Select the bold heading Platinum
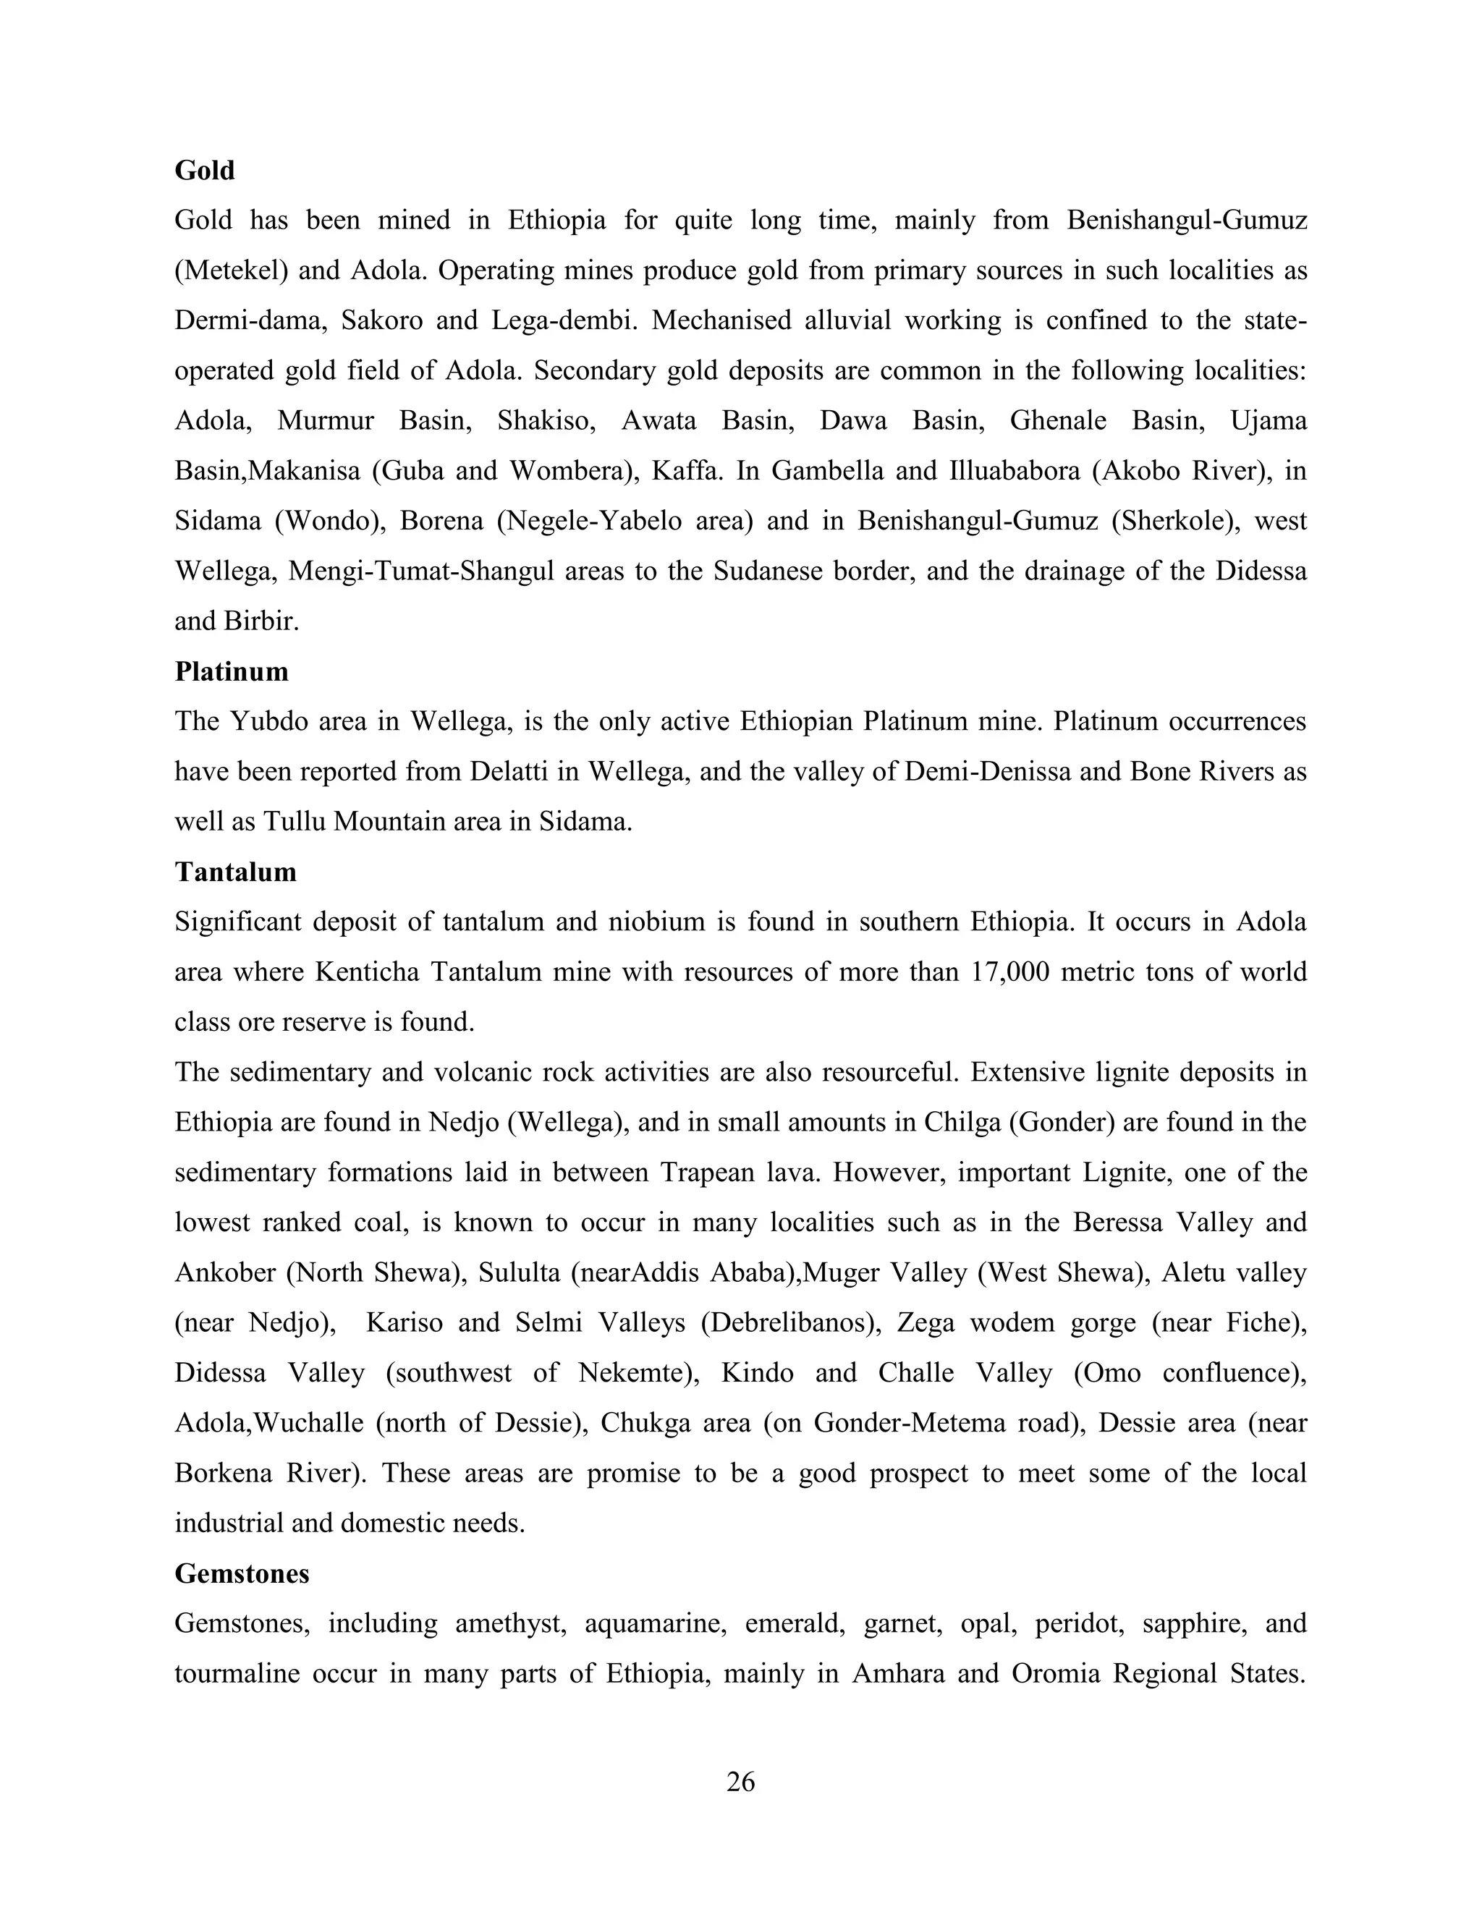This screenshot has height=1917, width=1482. [x=231, y=671]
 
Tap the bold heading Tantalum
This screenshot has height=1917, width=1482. [x=235, y=872]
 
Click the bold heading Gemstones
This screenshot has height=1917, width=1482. [x=242, y=1574]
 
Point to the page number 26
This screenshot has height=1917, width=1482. [x=740, y=1781]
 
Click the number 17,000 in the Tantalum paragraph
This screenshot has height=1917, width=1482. [x=1009, y=972]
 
